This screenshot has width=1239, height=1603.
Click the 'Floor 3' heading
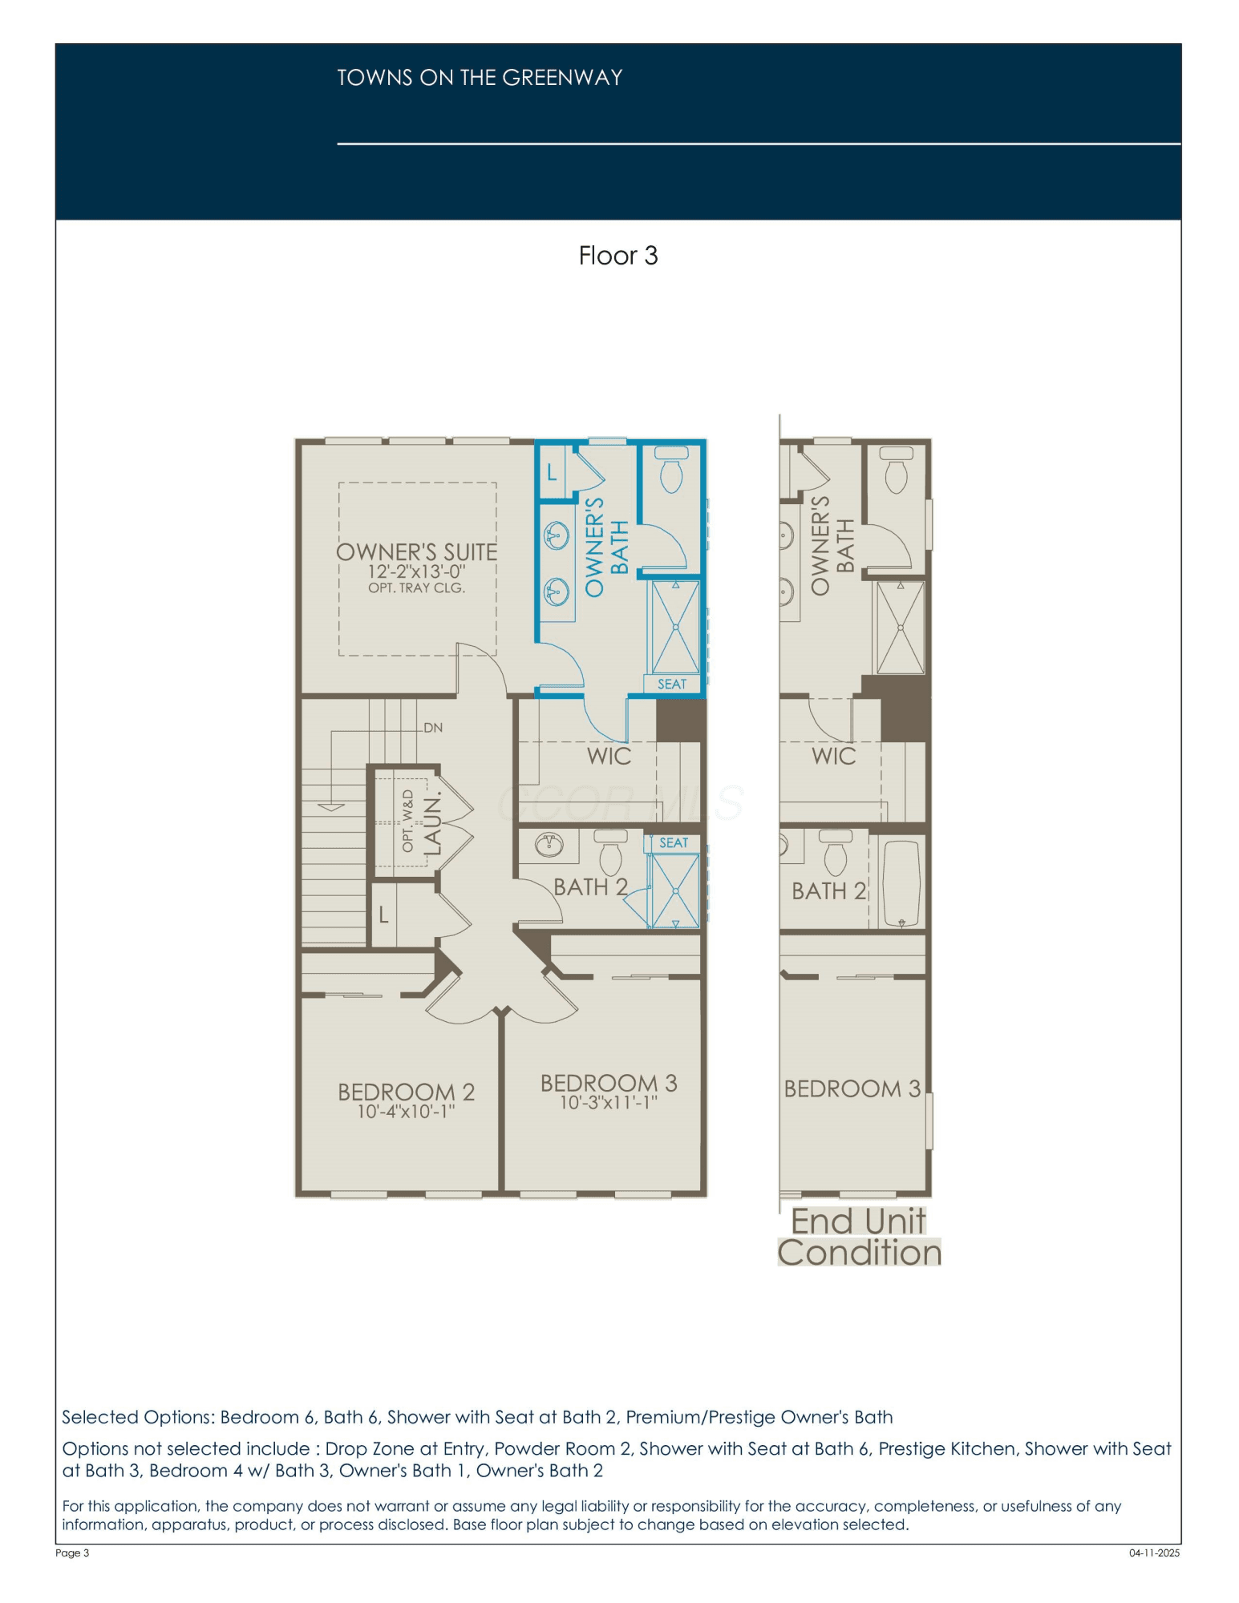618,256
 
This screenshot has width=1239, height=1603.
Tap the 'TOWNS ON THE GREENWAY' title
480,78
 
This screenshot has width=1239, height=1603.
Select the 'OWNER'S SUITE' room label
417,552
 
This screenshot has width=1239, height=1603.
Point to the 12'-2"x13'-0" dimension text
417,571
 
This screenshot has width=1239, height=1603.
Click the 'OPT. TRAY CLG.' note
417,587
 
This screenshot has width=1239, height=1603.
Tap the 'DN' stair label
433,728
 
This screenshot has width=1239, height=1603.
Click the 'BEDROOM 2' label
406,1092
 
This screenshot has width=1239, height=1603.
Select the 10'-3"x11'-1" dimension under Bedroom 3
608,1103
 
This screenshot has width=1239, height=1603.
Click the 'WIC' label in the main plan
609,756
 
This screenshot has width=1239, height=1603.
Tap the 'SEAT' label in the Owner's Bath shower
672,684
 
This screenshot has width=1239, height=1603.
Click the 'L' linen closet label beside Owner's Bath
552,472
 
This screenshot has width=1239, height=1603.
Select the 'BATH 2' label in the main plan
591,887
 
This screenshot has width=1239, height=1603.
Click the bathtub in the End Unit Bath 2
901,882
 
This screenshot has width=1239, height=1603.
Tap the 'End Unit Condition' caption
859,1237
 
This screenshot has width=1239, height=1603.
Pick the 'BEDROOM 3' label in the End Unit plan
852,1088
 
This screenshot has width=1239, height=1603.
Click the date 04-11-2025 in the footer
1155,1553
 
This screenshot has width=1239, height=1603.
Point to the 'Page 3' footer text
72,1553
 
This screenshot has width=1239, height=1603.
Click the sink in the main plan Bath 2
549,844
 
